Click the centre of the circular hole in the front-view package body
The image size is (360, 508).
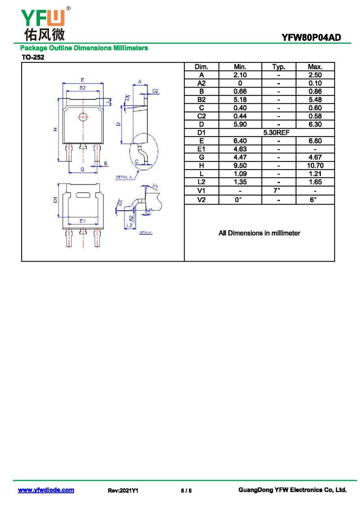click(x=83, y=116)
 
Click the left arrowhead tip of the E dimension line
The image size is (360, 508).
click(x=62, y=83)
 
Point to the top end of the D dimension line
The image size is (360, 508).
click(x=121, y=106)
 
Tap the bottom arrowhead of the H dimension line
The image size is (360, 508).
click(x=58, y=161)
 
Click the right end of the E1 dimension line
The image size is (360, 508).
click(x=98, y=224)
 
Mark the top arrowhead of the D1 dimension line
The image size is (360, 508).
click(x=58, y=184)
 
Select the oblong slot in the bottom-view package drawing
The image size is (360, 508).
click(x=83, y=195)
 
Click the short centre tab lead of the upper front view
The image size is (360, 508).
click(x=83, y=147)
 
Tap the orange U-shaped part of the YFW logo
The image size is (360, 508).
click(x=57, y=18)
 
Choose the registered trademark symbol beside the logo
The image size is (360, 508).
click(x=68, y=9)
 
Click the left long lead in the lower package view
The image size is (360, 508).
click(x=69, y=238)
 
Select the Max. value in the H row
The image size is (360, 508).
click(x=315, y=165)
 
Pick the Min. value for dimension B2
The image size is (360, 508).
click(x=240, y=99)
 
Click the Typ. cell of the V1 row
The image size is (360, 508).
click(x=277, y=190)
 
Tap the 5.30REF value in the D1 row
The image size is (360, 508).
click(x=276, y=133)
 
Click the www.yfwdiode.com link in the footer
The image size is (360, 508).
click(x=46, y=490)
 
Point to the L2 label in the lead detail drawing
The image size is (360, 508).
click(x=130, y=225)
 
